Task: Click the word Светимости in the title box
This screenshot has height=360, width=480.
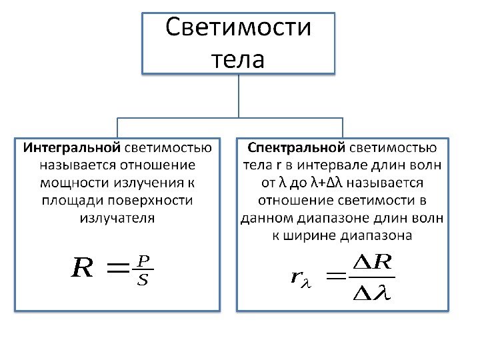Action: point(238,29)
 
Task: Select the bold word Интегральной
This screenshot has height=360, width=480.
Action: point(72,147)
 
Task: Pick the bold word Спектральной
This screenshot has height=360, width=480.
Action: point(296,147)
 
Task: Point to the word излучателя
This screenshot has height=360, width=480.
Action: point(117,217)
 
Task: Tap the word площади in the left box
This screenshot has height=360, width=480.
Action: point(69,200)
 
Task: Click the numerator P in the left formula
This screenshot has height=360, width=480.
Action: point(142,259)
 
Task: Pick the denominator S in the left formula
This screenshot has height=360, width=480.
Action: point(142,280)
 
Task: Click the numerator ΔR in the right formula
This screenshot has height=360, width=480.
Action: point(371,263)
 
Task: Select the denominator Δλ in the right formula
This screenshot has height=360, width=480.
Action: point(371,293)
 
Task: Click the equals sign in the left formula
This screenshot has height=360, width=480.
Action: point(118,269)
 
